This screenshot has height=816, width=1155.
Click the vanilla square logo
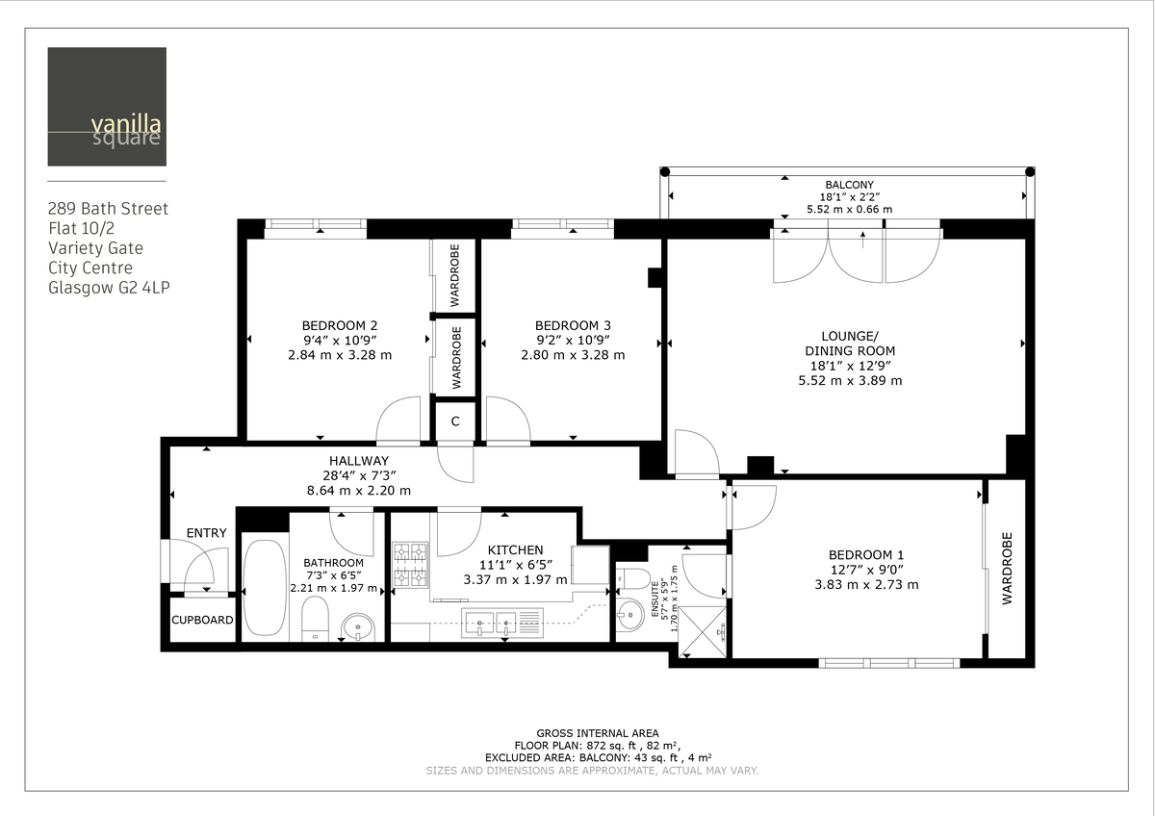(107, 107)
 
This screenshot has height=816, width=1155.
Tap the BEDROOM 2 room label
(339, 325)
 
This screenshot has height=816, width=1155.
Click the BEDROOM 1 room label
(866, 555)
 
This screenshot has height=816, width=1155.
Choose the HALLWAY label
(358, 461)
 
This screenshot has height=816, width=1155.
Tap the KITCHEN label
(515, 550)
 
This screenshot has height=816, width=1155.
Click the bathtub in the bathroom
(263, 588)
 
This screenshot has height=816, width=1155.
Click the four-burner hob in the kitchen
(411, 565)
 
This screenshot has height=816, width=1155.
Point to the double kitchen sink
(491, 624)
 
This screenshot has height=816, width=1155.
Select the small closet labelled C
(455, 421)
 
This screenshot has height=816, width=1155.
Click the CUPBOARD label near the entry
(202, 621)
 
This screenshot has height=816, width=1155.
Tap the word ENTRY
(206, 533)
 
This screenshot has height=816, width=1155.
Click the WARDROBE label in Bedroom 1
(1008, 568)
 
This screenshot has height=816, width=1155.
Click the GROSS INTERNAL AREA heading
(591, 733)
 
